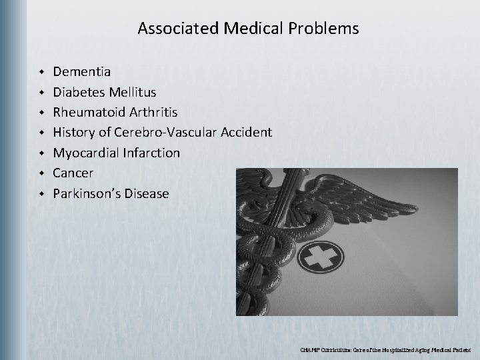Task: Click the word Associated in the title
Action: point(169,29)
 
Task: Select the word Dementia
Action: point(83,70)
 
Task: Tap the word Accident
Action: point(244,132)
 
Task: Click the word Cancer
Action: point(73,173)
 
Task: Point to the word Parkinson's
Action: point(85,194)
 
